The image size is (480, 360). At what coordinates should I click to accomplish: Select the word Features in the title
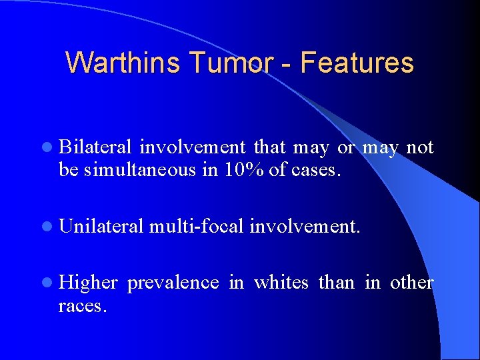[357, 63]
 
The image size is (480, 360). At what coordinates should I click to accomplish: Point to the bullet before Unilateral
[51, 227]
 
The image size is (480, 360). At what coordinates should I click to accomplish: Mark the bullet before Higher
[51, 283]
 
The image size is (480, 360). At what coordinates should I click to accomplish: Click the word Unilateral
[101, 227]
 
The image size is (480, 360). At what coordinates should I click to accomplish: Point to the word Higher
[89, 283]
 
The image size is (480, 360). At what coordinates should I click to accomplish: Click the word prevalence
[173, 283]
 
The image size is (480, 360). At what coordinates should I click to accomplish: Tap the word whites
[281, 283]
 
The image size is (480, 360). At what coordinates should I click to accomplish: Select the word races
[81, 307]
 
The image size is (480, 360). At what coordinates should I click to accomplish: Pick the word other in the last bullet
[411, 283]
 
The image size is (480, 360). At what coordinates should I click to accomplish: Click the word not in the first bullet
[420, 147]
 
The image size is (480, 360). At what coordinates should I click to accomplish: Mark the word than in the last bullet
[337, 283]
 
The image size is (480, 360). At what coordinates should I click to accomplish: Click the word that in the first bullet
[269, 147]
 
